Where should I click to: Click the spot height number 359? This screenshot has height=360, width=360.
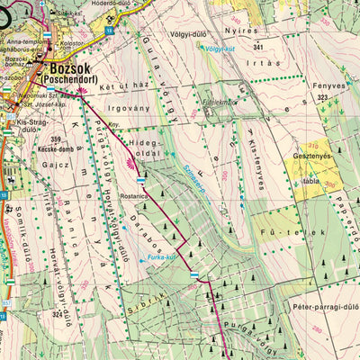57,139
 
